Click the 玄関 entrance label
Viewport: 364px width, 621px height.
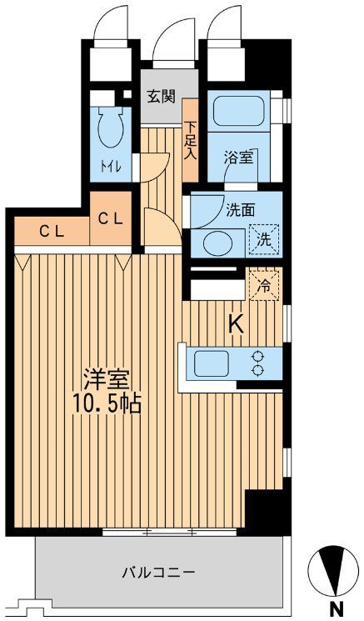[x=162, y=95]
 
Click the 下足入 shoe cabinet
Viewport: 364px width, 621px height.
[x=190, y=140]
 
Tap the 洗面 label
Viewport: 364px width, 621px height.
[x=240, y=209]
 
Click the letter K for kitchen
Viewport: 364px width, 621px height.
[x=236, y=324]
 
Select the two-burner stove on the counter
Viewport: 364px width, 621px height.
[x=257, y=363]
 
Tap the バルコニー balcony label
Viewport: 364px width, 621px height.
[x=158, y=573]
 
